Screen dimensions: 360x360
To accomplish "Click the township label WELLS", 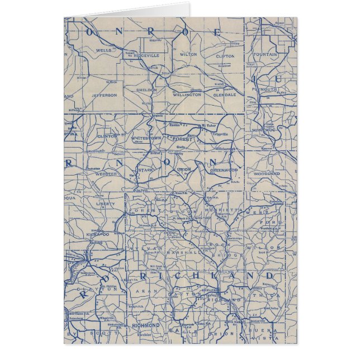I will (x=104, y=50).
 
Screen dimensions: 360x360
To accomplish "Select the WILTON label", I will (x=189, y=55).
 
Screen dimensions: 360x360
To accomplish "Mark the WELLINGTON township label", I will (x=186, y=95).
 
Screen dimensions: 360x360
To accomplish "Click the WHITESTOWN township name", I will (x=145, y=138).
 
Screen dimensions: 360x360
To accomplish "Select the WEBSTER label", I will (x=106, y=174).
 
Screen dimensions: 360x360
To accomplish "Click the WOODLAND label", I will (x=267, y=174).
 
